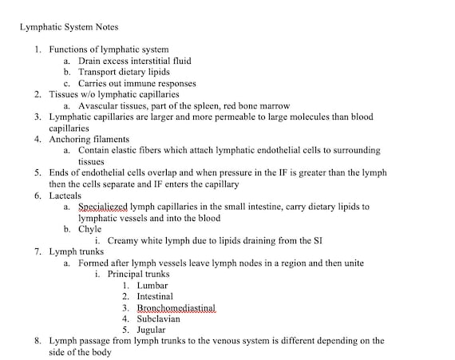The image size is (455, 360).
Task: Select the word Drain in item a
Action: (x=91, y=61)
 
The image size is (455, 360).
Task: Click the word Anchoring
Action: (x=71, y=139)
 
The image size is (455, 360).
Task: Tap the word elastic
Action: (x=131, y=150)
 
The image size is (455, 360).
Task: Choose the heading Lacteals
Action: (x=66, y=195)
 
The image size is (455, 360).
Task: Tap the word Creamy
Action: (x=124, y=239)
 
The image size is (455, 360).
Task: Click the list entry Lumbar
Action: (x=152, y=284)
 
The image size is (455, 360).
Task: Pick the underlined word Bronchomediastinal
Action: (x=176, y=307)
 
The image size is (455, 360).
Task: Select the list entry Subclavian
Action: (x=159, y=318)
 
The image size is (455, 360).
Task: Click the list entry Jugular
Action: (x=152, y=329)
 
